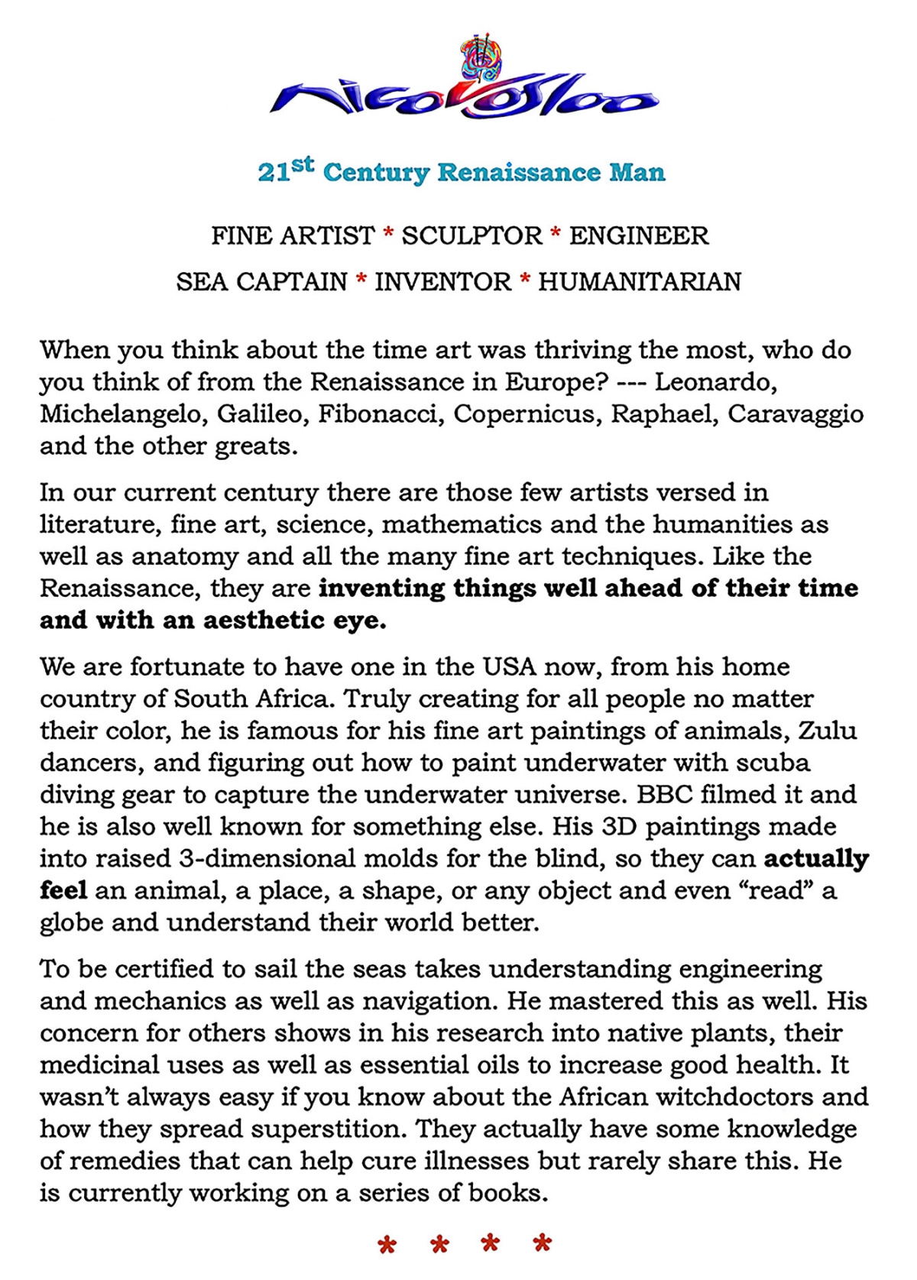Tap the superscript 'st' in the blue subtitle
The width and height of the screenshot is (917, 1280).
[x=303, y=164]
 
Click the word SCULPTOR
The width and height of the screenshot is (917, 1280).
[x=471, y=235]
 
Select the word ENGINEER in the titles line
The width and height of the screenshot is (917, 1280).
[x=639, y=235]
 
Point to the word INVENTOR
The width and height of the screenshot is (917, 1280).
[x=442, y=282]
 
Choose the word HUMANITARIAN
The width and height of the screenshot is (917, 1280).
[x=640, y=282]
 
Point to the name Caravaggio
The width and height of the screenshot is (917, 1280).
[x=795, y=414]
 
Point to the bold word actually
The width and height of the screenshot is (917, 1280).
[x=816, y=860]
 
